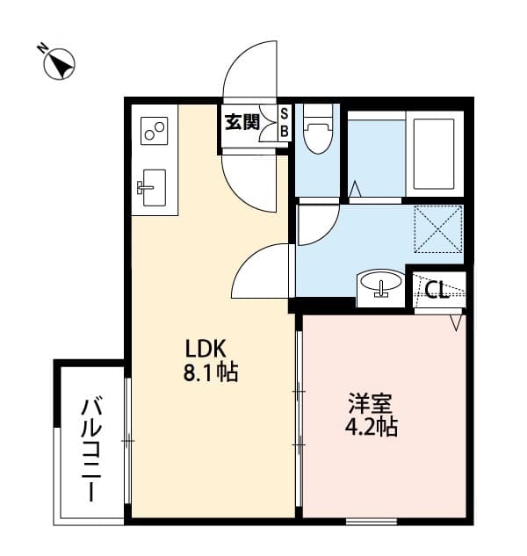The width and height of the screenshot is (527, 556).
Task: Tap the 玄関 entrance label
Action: tap(242, 122)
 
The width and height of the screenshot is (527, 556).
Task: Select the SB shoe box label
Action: tap(284, 122)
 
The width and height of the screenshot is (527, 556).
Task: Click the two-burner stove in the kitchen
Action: tap(155, 132)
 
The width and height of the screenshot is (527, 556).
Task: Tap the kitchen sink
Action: tap(153, 184)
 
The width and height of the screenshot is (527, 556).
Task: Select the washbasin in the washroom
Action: tap(379, 285)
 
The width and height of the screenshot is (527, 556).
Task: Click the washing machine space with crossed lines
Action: tap(437, 227)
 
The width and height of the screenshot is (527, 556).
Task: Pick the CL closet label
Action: tap(437, 289)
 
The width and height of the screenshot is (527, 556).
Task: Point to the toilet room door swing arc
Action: tap(318, 225)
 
